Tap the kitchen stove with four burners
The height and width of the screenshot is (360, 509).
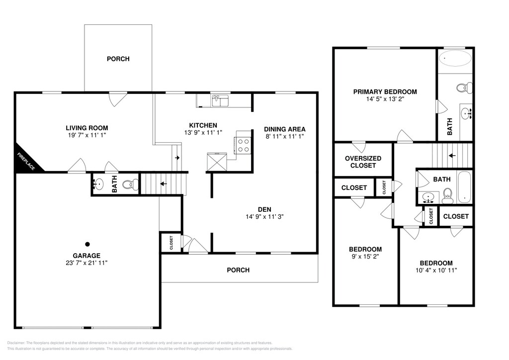(243, 145)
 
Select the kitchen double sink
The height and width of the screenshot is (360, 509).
(220, 100)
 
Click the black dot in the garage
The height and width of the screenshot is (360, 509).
(87, 244)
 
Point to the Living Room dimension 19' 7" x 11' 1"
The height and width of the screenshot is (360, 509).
(85, 135)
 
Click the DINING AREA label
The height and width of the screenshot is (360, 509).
(285, 129)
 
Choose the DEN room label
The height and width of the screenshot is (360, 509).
(264, 209)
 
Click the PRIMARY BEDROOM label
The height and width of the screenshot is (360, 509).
(385, 92)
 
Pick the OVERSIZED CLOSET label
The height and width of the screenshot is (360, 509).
(363, 162)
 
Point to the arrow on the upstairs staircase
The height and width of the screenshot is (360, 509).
(452, 156)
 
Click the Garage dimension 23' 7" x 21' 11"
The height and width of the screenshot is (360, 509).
(86, 263)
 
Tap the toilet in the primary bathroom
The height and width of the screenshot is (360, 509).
(464, 88)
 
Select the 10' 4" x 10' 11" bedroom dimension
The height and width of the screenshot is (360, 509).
(436, 270)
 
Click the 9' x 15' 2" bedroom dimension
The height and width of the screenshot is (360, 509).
(365, 256)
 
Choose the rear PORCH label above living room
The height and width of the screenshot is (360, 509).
(118, 59)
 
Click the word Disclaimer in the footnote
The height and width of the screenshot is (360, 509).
(15, 343)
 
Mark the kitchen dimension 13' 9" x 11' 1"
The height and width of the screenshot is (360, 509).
(203, 132)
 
